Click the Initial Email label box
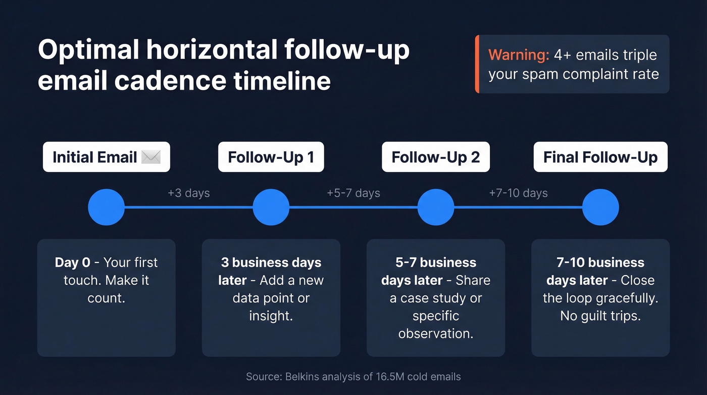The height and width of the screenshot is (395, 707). click(x=106, y=157)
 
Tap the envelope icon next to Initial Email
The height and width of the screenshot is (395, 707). click(x=151, y=157)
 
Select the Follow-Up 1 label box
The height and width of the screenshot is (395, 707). click(x=271, y=157)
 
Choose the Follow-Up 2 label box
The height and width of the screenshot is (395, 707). click(x=435, y=157)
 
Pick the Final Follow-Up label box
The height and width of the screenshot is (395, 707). click(x=600, y=157)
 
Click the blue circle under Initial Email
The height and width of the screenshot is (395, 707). click(x=106, y=207)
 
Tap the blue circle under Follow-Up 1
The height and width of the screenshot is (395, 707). click(x=271, y=207)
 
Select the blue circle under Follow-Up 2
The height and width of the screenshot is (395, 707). click(x=435, y=207)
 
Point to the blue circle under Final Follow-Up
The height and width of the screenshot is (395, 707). click(x=600, y=207)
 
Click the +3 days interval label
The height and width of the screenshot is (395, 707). click(x=188, y=193)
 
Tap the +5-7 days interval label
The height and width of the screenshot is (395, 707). click(x=353, y=193)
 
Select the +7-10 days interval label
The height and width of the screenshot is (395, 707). click(x=518, y=193)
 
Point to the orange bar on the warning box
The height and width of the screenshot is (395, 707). click(x=477, y=64)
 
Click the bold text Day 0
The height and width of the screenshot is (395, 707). click(x=73, y=262)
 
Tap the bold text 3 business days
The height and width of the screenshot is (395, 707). click(x=271, y=262)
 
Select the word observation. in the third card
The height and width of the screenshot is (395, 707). click(x=435, y=334)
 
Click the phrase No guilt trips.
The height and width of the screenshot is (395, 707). click(x=600, y=316)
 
